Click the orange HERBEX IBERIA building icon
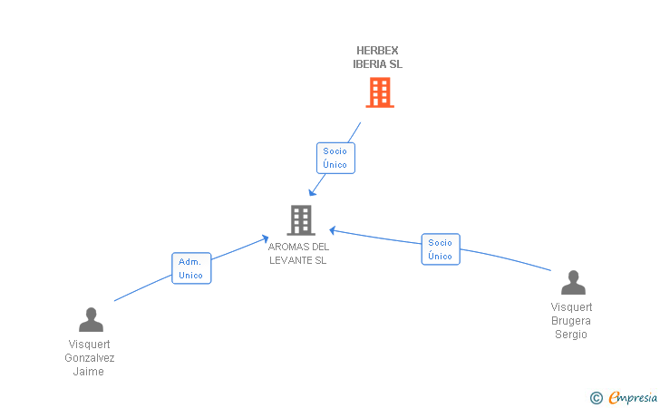pyautogui.click(x=380, y=92)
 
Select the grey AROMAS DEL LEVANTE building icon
pyautogui.click(x=301, y=219)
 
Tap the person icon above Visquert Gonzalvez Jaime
pyautogui.click(x=91, y=319)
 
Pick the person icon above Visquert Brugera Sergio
pyautogui.click(x=573, y=283)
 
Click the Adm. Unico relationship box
pyautogui.click(x=191, y=268)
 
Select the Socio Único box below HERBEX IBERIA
pyautogui.click(x=335, y=158)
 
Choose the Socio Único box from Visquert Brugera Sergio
pyautogui.click(x=441, y=249)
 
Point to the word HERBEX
pyautogui.click(x=377, y=51)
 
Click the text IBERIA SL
pyautogui.click(x=377, y=64)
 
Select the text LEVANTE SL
pyautogui.click(x=297, y=260)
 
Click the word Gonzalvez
pyautogui.click(x=90, y=358)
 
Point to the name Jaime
pyautogui.click(x=89, y=372)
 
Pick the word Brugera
pyautogui.click(x=571, y=321)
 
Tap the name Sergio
pyautogui.click(x=571, y=335)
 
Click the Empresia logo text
pyautogui.click(x=633, y=397)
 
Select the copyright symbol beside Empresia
pyautogui.click(x=597, y=398)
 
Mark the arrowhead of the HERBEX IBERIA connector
pyautogui.click(x=312, y=192)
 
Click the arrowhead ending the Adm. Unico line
pyautogui.click(x=265, y=239)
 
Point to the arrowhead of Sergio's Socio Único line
pyautogui.click(x=333, y=230)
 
